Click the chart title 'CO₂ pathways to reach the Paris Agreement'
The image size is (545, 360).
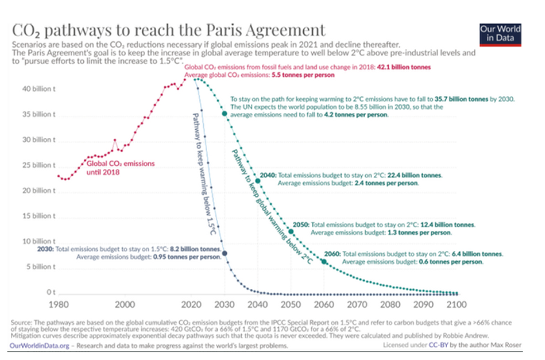click(168, 30)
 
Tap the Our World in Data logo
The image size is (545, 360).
click(500, 34)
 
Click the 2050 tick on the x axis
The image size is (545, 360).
click(290, 304)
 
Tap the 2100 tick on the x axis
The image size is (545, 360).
click(455, 304)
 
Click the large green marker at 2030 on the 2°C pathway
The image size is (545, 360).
click(224, 114)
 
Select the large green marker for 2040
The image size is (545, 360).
click(258, 181)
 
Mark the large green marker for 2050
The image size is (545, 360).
click(291, 232)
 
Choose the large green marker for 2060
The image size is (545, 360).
click(324, 261)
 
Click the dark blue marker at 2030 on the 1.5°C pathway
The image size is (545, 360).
click(224, 253)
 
